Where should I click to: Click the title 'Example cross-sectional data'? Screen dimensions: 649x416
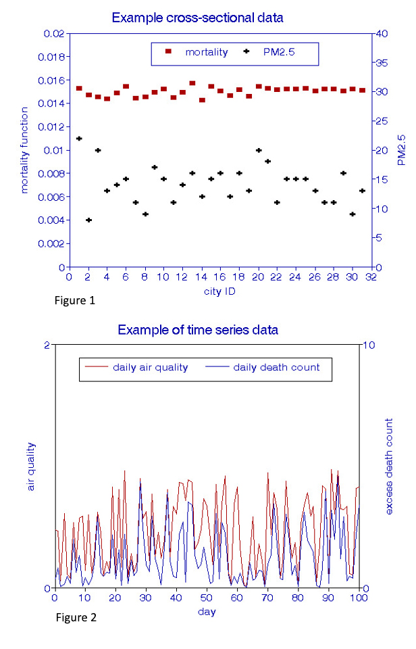click(x=197, y=17)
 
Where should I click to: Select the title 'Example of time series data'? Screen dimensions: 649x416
click(x=198, y=330)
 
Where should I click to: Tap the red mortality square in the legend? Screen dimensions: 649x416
click(x=168, y=51)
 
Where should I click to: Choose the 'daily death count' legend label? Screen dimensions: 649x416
click(x=276, y=368)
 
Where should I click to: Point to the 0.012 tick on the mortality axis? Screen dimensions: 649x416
click(x=52, y=126)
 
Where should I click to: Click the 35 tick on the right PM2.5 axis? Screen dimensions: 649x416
click(x=382, y=63)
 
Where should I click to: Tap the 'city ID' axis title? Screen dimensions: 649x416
click(x=219, y=291)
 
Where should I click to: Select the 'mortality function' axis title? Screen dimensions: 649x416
click(x=25, y=149)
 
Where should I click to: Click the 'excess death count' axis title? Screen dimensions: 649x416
click(x=390, y=466)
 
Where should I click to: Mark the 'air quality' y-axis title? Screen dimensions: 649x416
click(x=32, y=466)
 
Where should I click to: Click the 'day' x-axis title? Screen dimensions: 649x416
click(x=207, y=612)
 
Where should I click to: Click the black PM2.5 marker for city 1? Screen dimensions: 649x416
click(x=79, y=139)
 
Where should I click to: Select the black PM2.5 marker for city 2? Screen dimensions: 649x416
click(x=88, y=220)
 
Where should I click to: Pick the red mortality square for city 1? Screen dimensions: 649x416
click(x=79, y=89)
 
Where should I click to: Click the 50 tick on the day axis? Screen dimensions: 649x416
click(x=207, y=598)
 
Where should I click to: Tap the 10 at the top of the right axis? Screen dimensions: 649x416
click(x=370, y=345)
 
